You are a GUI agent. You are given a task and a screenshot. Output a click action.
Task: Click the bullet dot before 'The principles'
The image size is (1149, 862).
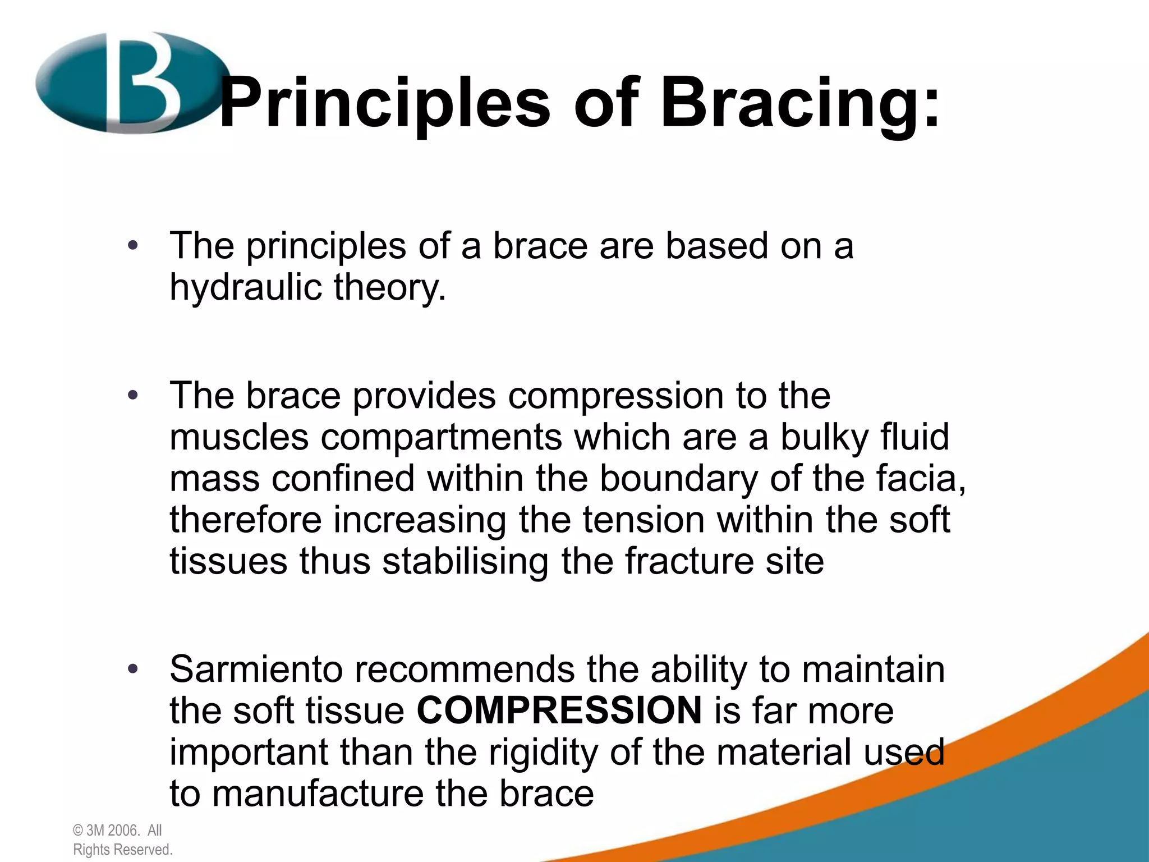(132, 246)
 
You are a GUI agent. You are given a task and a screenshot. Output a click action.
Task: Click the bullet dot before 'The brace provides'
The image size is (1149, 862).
(132, 396)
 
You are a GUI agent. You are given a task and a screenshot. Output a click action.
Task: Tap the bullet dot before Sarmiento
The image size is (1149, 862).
(132, 669)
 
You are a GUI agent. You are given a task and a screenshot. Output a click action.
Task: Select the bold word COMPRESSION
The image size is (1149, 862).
(559, 710)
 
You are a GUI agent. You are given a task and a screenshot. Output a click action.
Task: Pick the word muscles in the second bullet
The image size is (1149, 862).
(238, 437)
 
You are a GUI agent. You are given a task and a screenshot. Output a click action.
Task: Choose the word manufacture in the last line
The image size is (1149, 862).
(317, 794)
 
